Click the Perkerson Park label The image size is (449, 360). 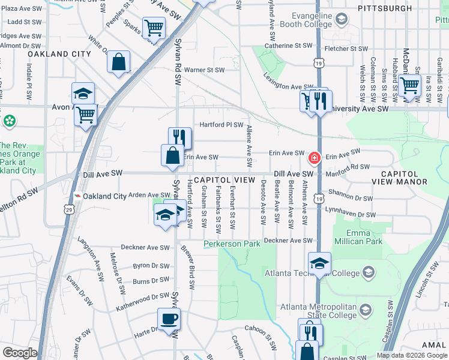(232, 244)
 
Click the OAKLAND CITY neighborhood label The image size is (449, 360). (59, 54)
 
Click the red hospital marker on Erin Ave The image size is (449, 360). (313, 158)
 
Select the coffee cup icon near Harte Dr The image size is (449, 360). (169, 318)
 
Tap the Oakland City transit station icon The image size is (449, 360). (77, 196)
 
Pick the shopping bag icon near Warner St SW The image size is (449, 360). (119, 61)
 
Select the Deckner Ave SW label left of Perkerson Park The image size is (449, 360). (146, 247)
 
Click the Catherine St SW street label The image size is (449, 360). (288, 46)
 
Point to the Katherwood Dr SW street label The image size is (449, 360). (144, 296)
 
